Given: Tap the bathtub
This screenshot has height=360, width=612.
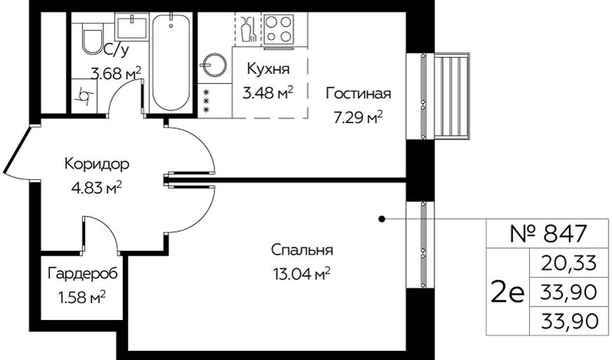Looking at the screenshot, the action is tap(171, 62).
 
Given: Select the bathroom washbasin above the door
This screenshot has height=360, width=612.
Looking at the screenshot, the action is tap(131, 27).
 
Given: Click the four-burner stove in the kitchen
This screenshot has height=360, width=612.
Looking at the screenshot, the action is tap(279, 30).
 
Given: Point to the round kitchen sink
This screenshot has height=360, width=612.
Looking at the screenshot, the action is tap(213, 65).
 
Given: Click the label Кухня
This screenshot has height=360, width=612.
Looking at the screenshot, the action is tap(268, 69).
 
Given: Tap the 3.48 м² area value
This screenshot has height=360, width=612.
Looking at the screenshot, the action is tap(268, 94).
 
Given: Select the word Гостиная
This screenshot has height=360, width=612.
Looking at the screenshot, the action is tap(358, 94).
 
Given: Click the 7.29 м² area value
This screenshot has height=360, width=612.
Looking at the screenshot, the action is tap(358, 117).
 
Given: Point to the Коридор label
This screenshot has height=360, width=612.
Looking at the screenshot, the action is tap(96, 164).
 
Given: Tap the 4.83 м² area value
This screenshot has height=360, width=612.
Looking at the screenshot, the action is tap(96, 188).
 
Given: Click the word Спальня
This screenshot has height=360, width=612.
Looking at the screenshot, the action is tap(302, 250).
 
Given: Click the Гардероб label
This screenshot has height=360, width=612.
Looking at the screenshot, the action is tap(82, 274).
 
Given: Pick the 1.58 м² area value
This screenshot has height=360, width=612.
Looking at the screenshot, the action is tap(82, 298).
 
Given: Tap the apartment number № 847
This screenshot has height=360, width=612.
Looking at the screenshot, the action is tap(548, 233).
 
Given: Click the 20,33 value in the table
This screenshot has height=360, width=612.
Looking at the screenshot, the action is tap(569, 263).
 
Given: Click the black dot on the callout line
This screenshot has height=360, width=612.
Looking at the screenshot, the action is tap(382, 219).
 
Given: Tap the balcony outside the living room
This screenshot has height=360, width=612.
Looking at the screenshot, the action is tap(453, 96).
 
